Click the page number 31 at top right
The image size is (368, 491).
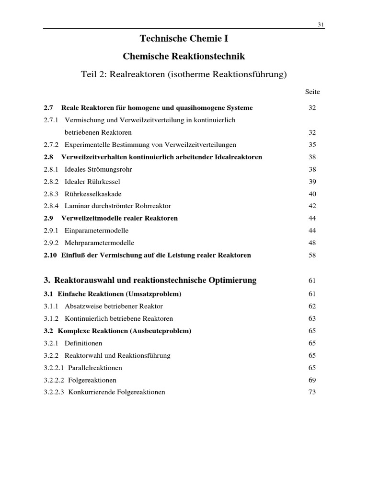click(321, 25)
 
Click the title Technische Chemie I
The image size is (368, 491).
click(184, 38)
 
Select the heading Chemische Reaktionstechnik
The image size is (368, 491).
click(184, 57)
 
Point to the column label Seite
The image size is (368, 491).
click(312, 92)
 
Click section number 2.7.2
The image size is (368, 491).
click(51, 145)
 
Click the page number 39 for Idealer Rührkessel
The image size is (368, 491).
click(312, 182)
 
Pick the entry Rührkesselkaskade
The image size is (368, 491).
click(93, 194)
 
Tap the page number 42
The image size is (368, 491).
click(312, 206)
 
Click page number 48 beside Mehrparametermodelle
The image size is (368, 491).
click(312, 243)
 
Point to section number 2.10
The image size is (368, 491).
click(50, 256)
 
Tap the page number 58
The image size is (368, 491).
click(312, 256)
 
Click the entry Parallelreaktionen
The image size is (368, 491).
click(95, 368)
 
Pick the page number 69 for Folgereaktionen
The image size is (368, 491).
click(312, 380)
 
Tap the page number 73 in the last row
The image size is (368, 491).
click(312, 392)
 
